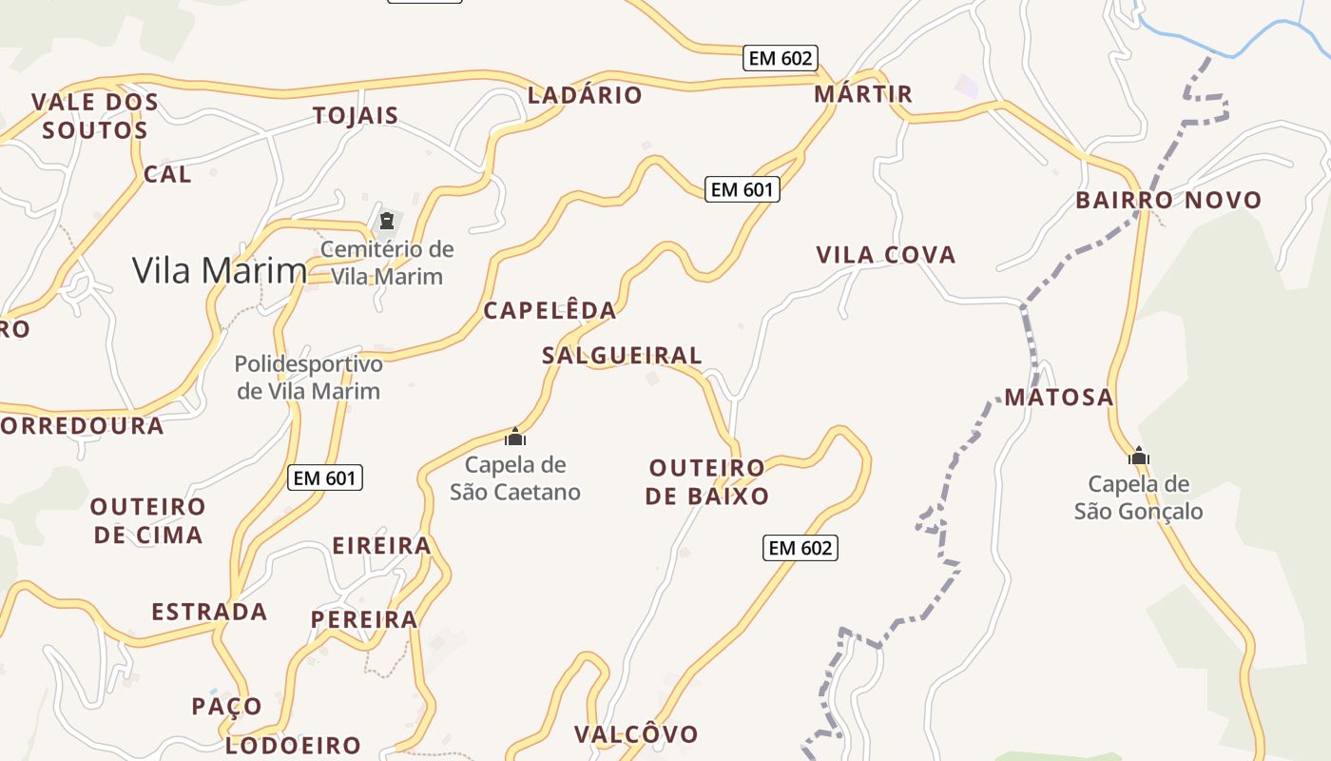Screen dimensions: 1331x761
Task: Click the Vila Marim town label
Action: click(220, 271)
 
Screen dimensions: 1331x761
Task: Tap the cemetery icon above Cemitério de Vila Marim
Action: click(386, 222)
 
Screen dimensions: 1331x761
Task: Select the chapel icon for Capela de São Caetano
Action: click(515, 438)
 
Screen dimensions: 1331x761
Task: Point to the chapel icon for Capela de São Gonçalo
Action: click(1138, 457)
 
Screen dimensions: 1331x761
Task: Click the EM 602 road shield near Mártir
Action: click(781, 58)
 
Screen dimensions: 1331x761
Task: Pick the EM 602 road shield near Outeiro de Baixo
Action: click(801, 548)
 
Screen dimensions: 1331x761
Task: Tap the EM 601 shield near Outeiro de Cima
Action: click(325, 478)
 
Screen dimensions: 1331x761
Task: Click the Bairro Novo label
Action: click(1168, 201)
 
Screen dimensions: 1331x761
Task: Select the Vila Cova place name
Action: click(886, 255)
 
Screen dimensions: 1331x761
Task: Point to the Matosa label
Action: click(1059, 398)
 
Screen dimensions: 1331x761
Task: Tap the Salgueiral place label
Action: click(622, 356)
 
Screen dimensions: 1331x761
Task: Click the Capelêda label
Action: click(550, 311)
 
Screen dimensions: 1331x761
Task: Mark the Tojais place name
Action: click(356, 116)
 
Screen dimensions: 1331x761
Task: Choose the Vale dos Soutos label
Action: click(94, 116)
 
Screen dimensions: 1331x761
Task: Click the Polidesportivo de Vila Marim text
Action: click(309, 378)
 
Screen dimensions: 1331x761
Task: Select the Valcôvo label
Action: click(636, 734)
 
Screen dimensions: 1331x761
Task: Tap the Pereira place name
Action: click(364, 620)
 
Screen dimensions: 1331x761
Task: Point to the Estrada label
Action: click(209, 612)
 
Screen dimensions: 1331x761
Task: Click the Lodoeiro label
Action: click(294, 745)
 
